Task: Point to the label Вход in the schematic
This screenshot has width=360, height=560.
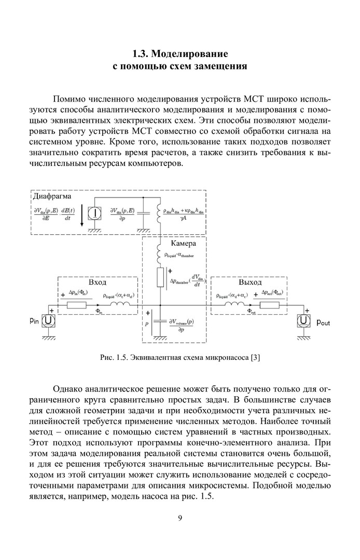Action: tap(98, 283)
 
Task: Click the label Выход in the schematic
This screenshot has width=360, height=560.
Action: tap(250, 283)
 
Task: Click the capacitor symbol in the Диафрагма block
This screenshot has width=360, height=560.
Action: tap(142, 212)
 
